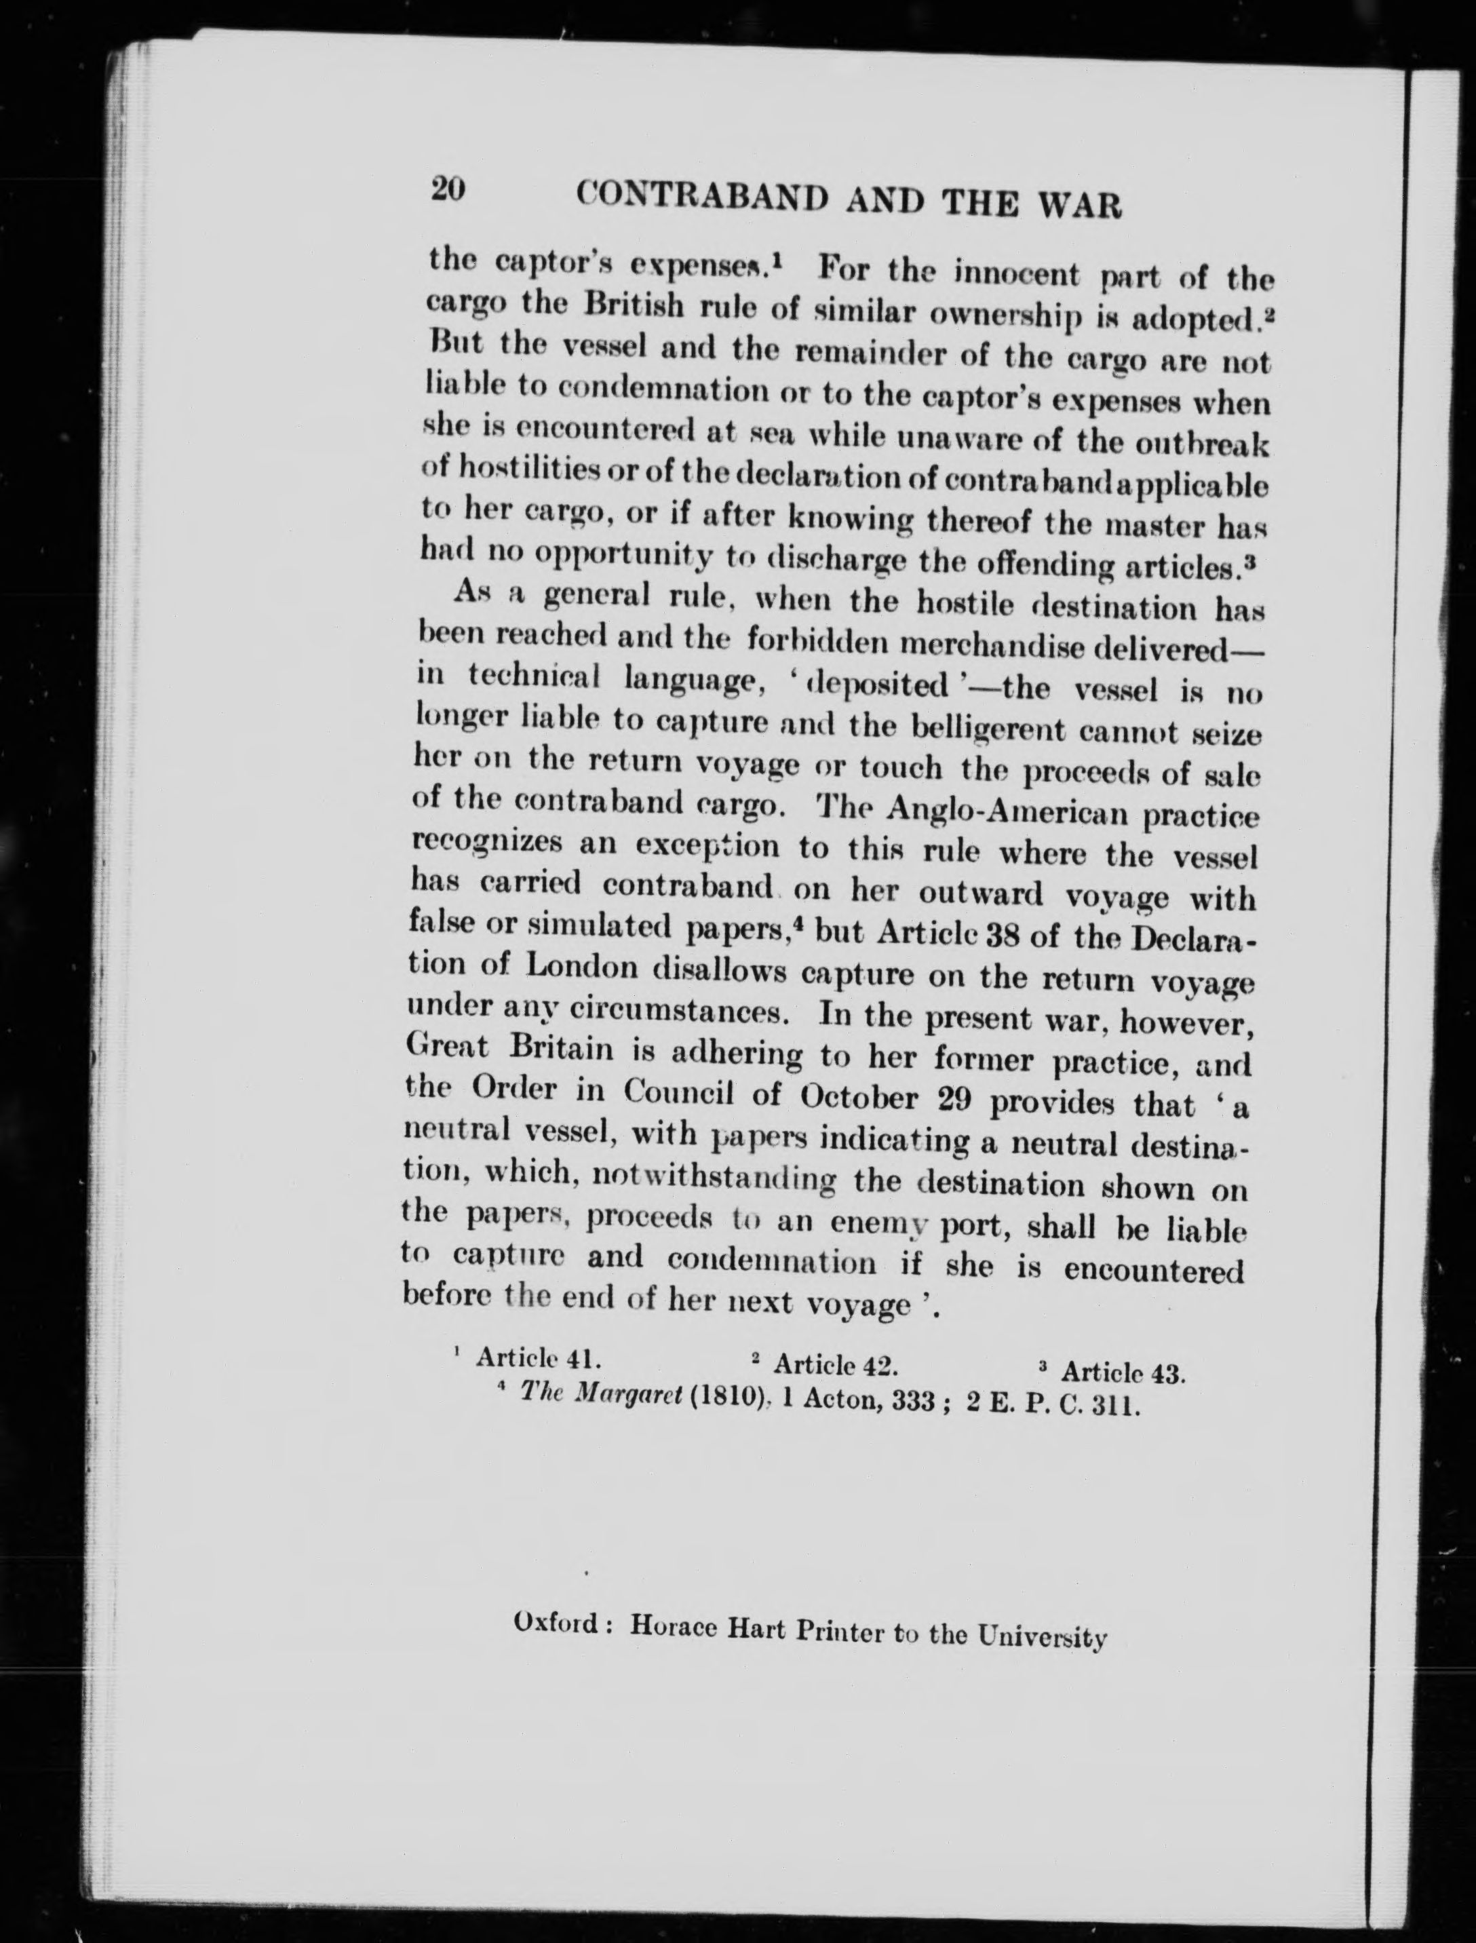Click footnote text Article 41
(x=538, y=1358)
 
